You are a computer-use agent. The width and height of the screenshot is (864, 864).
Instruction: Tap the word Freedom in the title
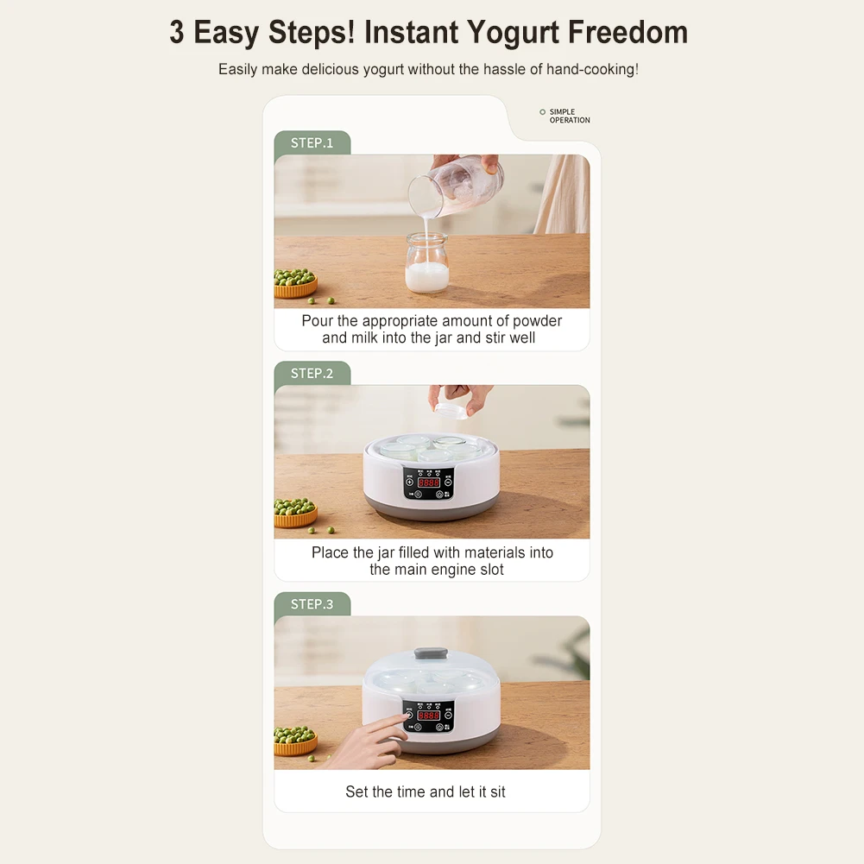tap(628, 32)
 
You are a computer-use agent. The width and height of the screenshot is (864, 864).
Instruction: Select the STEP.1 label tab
tap(312, 143)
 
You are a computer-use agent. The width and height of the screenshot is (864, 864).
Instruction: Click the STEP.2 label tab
tap(312, 374)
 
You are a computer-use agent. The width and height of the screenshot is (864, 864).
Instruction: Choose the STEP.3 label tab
tap(312, 604)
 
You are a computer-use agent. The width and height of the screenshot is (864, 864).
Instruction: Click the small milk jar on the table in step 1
tap(427, 263)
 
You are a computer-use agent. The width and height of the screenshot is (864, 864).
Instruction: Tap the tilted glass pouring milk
tap(455, 185)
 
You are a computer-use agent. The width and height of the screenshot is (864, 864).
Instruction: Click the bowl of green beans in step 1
tap(295, 283)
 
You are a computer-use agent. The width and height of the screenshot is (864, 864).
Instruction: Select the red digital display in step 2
tap(429, 482)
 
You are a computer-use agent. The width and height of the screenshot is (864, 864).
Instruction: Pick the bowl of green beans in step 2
tap(295, 513)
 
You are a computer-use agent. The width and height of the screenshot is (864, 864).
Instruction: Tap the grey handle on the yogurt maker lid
tap(431, 653)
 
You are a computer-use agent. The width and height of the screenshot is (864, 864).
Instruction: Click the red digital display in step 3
tap(429, 716)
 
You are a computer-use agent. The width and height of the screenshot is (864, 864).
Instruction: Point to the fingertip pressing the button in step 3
tap(407, 716)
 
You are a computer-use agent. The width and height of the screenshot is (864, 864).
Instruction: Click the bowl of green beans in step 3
tap(295, 741)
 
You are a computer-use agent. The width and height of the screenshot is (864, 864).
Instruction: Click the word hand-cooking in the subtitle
tap(592, 69)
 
